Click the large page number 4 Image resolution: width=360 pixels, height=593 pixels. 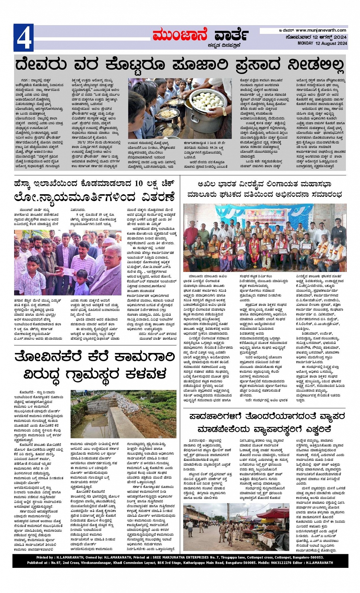[24, 38]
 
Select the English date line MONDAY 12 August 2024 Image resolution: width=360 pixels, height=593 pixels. [322, 43]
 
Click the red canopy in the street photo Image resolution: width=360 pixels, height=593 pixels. [273, 513]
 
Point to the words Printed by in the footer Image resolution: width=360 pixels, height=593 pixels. [45, 557]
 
